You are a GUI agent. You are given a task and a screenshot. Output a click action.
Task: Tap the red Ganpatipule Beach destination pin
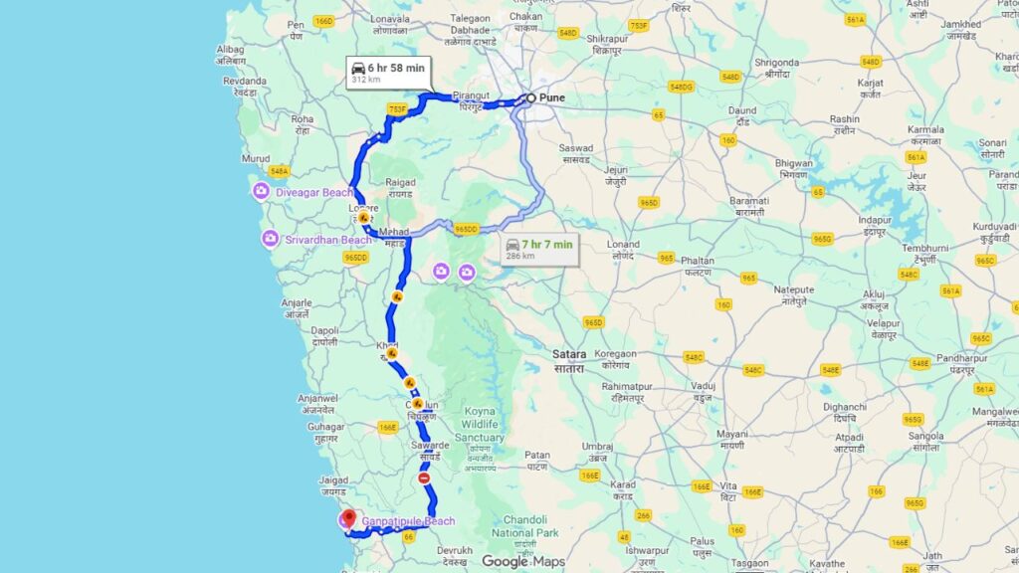[x=348, y=517]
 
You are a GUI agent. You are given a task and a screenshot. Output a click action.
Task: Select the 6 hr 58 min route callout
[x=388, y=72]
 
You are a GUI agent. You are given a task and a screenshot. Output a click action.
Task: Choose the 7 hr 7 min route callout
[x=538, y=249]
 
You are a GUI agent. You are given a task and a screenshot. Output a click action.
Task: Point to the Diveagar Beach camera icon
[x=261, y=191]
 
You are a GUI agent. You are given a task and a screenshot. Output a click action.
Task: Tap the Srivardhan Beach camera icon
[x=270, y=239]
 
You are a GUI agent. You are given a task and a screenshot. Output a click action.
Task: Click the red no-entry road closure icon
[x=424, y=478]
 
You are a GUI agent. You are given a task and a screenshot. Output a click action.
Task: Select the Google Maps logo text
[x=523, y=562]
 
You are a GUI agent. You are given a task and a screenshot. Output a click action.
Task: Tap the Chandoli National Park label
[x=525, y=524]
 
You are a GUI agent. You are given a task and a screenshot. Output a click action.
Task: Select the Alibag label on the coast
[x=231, y=49]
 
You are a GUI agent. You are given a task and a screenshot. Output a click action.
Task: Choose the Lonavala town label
[x=390, y=19]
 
